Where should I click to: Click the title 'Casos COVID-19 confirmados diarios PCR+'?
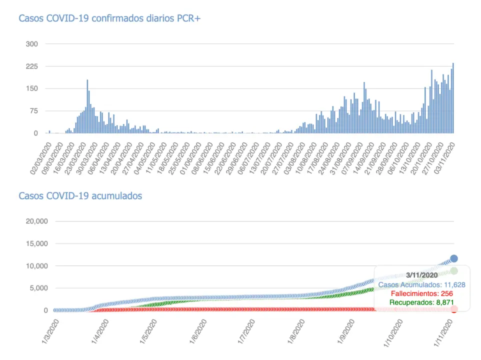109,18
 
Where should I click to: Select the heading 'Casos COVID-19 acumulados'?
80,195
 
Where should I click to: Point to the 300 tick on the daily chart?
32,44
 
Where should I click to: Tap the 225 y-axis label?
32,66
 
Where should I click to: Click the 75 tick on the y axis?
33,111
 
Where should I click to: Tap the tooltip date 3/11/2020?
421,274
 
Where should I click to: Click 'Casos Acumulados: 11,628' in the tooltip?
421,284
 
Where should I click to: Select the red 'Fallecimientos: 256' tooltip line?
421,293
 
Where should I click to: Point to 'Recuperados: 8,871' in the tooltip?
421,302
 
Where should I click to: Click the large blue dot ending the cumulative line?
454,258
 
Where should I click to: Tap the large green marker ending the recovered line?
454,270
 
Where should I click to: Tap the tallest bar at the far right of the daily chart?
453,98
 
